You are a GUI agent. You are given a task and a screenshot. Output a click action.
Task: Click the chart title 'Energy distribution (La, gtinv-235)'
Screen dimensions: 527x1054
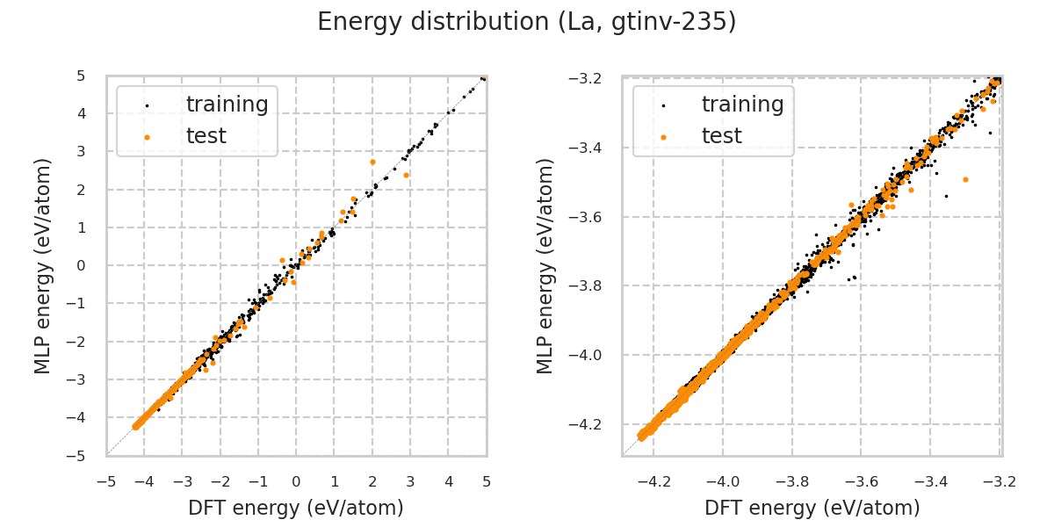[x=526, y=22]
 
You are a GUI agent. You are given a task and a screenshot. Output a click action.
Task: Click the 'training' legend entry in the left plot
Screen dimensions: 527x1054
[x=227, y=105]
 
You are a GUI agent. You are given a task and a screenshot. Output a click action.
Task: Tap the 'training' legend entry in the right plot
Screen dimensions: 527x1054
[x=742, y=105]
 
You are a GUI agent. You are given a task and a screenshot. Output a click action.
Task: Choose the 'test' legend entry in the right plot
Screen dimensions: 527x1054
[x=721, y=136]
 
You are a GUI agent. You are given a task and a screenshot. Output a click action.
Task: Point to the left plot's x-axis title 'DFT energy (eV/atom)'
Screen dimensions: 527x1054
[x=296, y=508]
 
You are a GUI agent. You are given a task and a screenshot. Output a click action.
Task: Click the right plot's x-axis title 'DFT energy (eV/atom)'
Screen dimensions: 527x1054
[x=812, y=508]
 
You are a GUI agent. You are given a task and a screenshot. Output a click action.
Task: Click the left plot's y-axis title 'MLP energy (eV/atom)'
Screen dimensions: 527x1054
[x=44, y=265]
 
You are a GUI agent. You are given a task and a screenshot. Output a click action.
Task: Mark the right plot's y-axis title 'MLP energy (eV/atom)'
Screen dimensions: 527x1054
[x=546, y=265]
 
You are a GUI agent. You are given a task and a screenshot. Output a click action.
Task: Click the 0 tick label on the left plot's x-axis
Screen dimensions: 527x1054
[x=296, y=481]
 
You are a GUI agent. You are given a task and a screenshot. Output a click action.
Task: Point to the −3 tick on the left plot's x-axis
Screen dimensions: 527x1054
[x=182, y=481]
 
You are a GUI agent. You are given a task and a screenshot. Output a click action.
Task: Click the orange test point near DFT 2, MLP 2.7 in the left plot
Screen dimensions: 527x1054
[x=372, y=162]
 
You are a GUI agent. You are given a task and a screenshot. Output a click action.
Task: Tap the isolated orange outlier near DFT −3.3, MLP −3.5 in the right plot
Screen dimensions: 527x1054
[x=965, y=179]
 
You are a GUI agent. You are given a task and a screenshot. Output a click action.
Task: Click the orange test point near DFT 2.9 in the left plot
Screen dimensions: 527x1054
[x=406, y=175]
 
